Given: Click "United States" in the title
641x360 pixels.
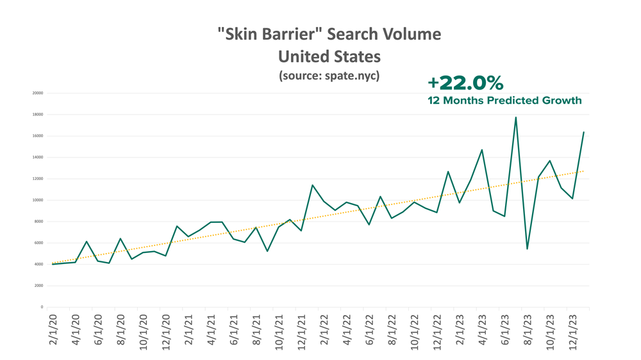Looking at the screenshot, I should (x=329, y=56).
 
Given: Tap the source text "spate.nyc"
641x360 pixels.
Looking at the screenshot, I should (x=353, y=76).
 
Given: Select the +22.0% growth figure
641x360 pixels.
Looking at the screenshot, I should (x=465, y=83).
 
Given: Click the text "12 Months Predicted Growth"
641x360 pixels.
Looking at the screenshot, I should (x=504, y=101).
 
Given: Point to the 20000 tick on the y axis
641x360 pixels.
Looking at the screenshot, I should (x=37, y=93).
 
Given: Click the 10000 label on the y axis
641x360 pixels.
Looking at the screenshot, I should (x=37, y=200).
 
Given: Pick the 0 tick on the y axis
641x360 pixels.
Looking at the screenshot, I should (x=42, y=307).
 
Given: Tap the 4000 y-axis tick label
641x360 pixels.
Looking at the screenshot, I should (x=38, y=265).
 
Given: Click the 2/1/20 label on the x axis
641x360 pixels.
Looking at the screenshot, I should (x=53, y=330).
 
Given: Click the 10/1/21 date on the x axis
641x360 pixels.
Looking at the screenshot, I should (x=279, y=331).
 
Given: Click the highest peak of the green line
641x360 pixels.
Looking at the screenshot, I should (x=515, y=117).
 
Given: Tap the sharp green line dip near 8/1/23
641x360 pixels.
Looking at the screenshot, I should (x=527, y=249).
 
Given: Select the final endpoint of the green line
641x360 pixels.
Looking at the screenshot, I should (x=583, y=133).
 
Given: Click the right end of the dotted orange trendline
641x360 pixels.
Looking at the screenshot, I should (x=583, y=171).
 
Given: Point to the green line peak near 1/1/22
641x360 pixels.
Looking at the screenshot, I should (x=312, y=185).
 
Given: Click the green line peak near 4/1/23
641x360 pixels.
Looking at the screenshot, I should (x=481, y=150).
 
